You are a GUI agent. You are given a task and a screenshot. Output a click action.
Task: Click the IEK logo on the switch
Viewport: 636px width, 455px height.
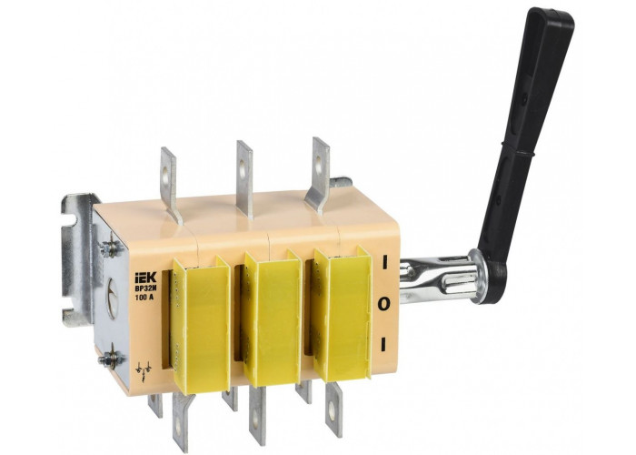tap(145, 278)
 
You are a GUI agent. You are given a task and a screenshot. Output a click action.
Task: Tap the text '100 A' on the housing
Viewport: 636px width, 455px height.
tap(144, 297)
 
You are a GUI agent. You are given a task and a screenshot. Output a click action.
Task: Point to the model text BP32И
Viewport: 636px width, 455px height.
tap(144, 288)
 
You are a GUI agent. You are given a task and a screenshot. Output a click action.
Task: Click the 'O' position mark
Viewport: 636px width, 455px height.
tap(383, 303)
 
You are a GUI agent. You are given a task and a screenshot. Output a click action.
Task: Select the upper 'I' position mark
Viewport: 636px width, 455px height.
tap(383, 262)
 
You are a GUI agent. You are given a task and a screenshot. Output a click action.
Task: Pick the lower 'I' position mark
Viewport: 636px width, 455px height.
tap(383, 344)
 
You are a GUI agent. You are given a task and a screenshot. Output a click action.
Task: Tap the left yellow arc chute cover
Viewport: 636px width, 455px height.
tap(201, 325)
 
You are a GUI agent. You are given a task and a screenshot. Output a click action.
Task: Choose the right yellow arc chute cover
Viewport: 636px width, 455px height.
tap(343, 313)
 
